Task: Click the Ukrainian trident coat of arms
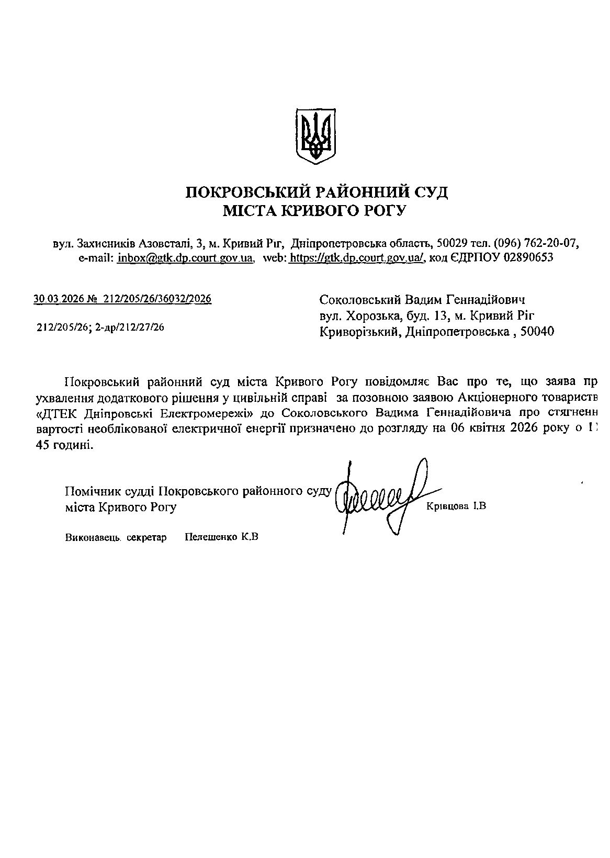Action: coord(316,136)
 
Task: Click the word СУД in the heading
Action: coord(431,192)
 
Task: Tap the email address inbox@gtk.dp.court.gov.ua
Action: coord(186,257)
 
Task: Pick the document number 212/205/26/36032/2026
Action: coord(157,299)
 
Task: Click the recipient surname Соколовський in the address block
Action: coord(360,300)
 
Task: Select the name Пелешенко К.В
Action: coord(222,537)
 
